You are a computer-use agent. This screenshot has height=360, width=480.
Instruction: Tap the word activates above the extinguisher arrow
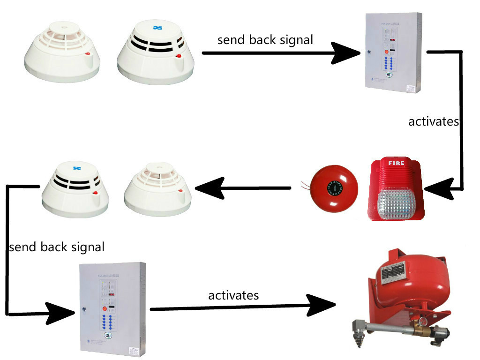(233, 296)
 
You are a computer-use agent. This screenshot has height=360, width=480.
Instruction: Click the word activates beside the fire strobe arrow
(433, 122)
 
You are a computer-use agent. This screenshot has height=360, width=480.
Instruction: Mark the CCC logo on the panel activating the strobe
(389, 75)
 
